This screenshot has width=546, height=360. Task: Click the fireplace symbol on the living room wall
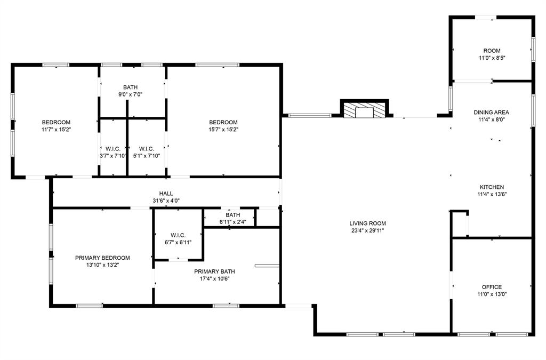click(365, 110)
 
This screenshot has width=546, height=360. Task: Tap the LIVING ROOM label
click(367, 223)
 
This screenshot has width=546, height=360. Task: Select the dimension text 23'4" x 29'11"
click(367, 231)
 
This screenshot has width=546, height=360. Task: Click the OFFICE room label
click(492, 287)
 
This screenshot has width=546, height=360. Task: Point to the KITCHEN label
click(492, 187)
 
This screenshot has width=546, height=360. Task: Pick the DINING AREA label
click(492, 113)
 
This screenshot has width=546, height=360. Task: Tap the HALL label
click(166, 194)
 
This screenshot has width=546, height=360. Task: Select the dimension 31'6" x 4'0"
click(166, 201)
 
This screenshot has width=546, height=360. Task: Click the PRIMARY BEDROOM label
click(102, 258)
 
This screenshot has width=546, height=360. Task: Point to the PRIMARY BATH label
click(214, 271)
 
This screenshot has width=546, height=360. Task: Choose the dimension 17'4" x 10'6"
click(214, 278)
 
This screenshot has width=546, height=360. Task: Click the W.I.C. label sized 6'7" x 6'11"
click(178, 235)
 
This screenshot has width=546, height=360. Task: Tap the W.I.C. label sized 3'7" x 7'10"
click(113, 149)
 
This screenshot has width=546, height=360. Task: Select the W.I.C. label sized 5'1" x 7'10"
click(147, 149)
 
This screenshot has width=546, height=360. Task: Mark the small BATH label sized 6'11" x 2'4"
click(232, 215)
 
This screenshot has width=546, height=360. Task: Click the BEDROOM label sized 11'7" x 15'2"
click(56, 122)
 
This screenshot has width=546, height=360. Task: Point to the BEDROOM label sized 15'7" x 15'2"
click(223, 122)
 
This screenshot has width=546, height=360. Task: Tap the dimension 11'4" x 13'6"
click(492, 195)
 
